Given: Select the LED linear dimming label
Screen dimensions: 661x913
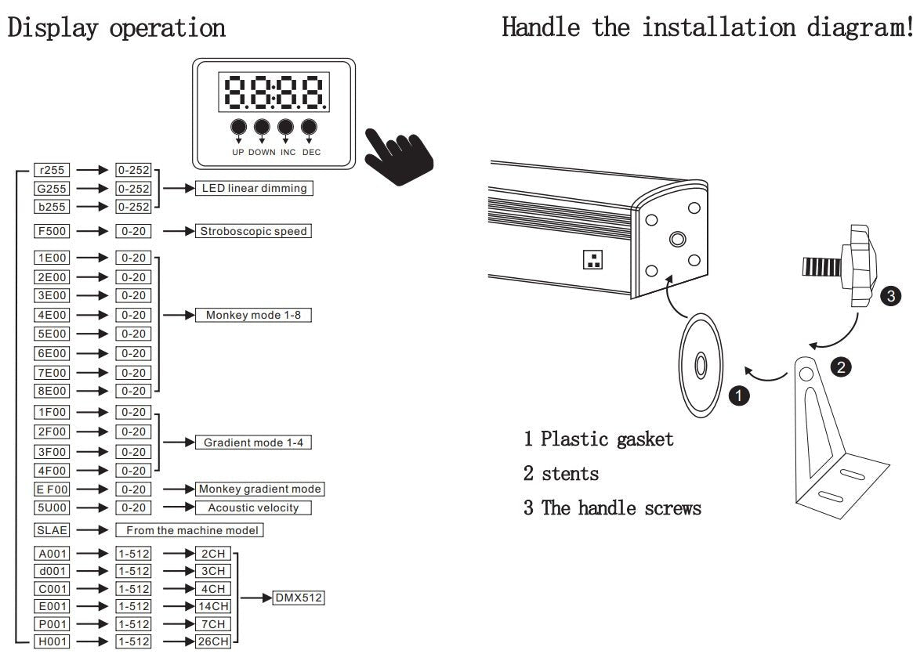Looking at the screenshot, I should click(x=254, y=188).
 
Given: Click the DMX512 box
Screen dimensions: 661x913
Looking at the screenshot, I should click(x=298, y=598).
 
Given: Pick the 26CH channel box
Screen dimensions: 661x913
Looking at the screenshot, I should click(x=213, y=642).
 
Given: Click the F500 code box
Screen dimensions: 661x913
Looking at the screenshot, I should click(x=53, y=231).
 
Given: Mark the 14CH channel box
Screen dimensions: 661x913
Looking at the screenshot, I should click(x=213, y=605).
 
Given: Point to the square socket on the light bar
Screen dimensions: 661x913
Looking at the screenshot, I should click(x=592, y=259).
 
